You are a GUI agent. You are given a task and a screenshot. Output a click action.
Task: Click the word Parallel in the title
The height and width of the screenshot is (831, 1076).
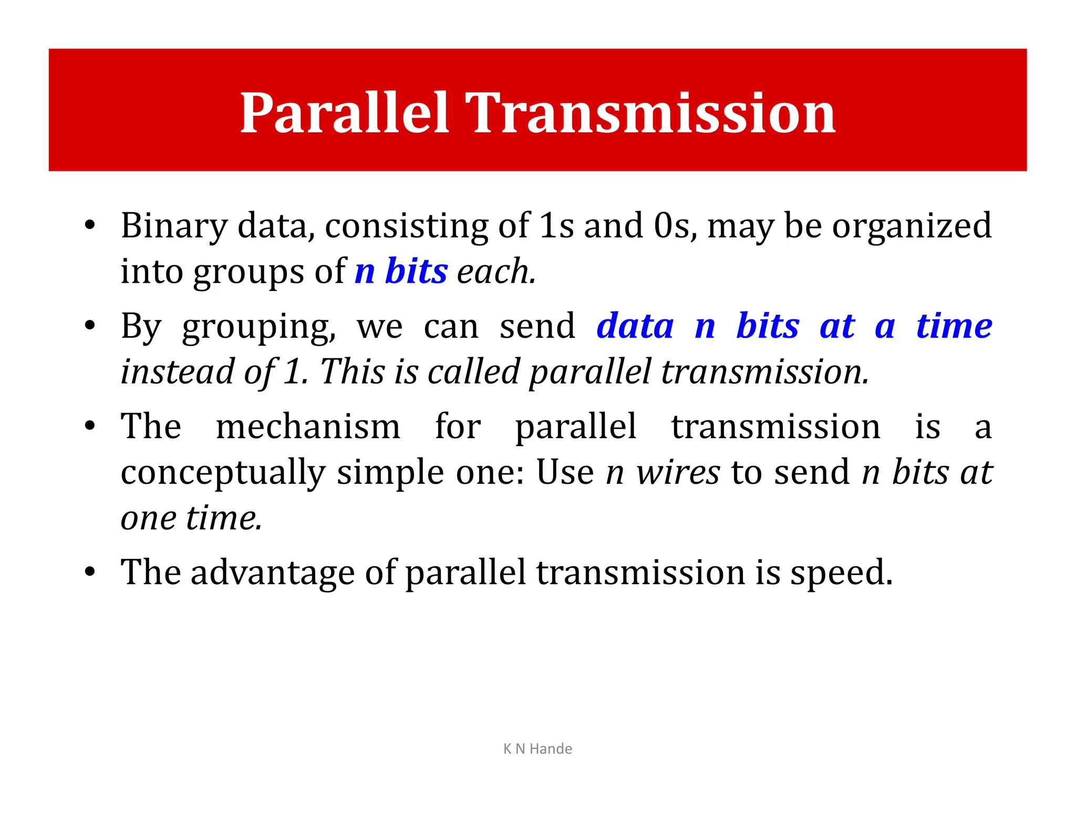pos(344,113)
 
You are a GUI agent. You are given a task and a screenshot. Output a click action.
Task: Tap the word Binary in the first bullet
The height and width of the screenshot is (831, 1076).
pos(174,226)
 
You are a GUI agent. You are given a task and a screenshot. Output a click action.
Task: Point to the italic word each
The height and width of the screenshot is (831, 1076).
pos(495,272)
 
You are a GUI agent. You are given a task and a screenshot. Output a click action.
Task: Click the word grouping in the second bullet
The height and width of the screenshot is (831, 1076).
pos(258,327)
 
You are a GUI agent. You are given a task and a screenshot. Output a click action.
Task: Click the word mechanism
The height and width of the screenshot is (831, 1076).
pos(308,426)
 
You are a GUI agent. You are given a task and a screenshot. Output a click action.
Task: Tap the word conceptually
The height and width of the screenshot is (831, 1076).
pos(223,472)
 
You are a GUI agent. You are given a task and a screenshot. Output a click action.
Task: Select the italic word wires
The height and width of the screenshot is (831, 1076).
pos(678,472)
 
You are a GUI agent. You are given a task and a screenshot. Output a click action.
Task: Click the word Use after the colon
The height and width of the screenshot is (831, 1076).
pos(564,472)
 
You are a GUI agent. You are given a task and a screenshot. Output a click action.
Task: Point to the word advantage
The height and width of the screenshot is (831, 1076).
pos(272,572)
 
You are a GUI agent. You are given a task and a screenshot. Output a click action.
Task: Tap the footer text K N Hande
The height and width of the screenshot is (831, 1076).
pos(537,749)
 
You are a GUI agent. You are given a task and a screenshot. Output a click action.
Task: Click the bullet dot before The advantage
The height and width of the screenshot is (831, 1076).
pos(90,572)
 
